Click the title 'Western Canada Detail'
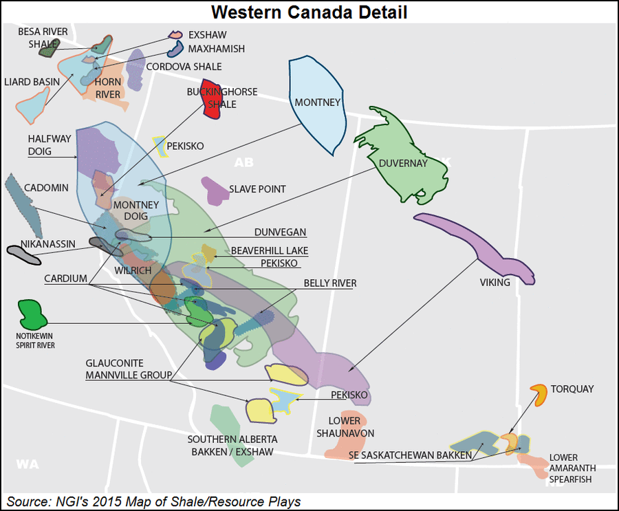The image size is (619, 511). (309, 12)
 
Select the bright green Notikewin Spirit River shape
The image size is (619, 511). (32, 314)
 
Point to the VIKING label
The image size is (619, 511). (495, 282)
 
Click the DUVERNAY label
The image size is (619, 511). (403, 163)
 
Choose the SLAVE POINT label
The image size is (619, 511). (257, 189)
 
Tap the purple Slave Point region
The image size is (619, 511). (215, 190)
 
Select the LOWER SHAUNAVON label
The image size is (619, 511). (346, 427)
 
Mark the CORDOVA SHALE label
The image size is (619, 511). (184, 67)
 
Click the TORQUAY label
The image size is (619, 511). (572, 389)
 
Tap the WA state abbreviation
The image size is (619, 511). (28, 464)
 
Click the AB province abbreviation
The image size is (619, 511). (243, 163)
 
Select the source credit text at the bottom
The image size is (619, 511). (154, 501)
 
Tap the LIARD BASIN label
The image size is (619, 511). (32, 82)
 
